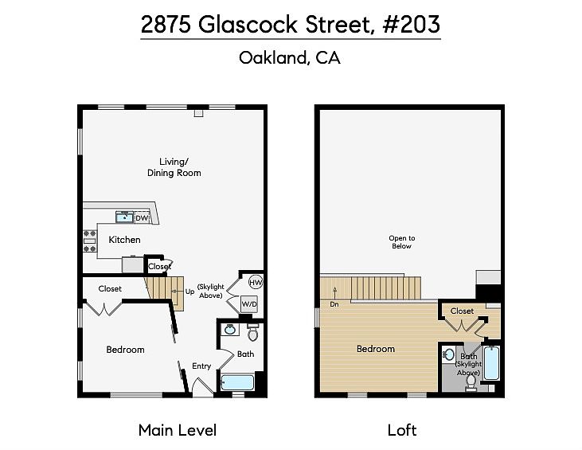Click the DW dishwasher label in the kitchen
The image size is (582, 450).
(142, 218)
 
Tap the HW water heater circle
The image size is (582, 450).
(256, 283)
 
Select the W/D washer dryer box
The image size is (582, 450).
(249, 304)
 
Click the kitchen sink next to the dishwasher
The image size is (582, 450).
(124, 217)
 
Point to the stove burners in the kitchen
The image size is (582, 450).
(90, 241)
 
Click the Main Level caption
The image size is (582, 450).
(178, 430)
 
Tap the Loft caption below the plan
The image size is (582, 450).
(402, 430)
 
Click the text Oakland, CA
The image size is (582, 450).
(290, 58)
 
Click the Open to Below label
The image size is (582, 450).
(402, 242)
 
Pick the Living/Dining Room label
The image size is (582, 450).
(174, 167)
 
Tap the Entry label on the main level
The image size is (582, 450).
(201, 366)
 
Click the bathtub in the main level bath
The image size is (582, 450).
(237, 383)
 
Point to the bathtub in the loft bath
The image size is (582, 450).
(491, 362)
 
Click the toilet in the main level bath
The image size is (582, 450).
(252, 332)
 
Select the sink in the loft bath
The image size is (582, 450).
(449, 354)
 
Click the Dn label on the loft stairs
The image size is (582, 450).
(334, 304)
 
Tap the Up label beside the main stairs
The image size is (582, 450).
(189, 292)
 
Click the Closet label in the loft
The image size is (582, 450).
(462, 311)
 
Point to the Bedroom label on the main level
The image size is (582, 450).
(126, 350)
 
